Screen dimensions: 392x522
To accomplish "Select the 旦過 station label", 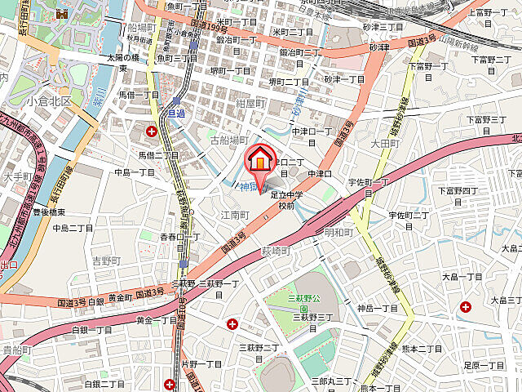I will [x=176, y=113].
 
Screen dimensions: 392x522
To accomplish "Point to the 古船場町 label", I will [x=228, y=140].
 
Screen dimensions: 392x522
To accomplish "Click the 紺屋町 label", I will [x=249, y=103].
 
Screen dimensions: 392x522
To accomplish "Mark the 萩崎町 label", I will [x=276, y=251].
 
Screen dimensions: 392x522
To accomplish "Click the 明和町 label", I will [x=338, y=232].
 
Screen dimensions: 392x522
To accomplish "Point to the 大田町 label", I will [x=383, y=144].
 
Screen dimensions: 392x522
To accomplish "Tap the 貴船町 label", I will [x=16, y=350].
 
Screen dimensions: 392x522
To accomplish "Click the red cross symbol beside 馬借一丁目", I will [x=152, y=131].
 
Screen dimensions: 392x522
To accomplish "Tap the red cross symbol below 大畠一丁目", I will [x=465, y=307].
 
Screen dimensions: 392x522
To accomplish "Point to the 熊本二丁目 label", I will [x=421, y=348].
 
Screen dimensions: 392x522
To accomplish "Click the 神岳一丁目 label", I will [x=378, y=308].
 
